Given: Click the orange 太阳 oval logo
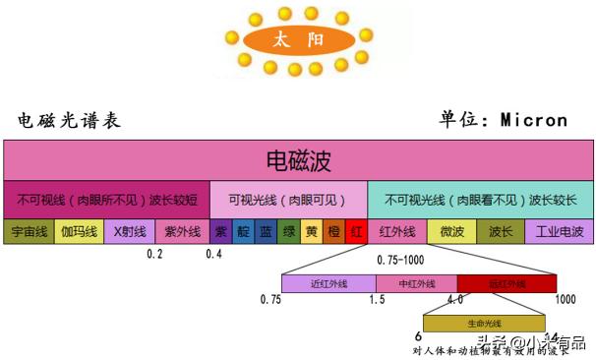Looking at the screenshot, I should point(298,40).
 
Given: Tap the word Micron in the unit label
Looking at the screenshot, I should point(534,120).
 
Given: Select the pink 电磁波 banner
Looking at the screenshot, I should point(298,159).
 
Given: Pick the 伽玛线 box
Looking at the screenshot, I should point(79,232).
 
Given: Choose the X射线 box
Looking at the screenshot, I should point(130,232).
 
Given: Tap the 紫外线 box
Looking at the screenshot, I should point(182,232).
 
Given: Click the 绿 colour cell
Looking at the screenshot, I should point(289,232).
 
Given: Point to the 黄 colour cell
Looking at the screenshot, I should point(312,232).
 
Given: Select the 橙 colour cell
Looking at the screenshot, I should point(334,232).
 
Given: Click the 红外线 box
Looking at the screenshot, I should point(397,232).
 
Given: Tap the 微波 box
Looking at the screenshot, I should point(451,232).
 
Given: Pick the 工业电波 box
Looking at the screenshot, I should point(560,232).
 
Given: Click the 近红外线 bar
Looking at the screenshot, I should point(328,284).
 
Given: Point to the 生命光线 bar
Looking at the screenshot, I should point(484,323).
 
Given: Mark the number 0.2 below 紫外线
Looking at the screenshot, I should point(154,255).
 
